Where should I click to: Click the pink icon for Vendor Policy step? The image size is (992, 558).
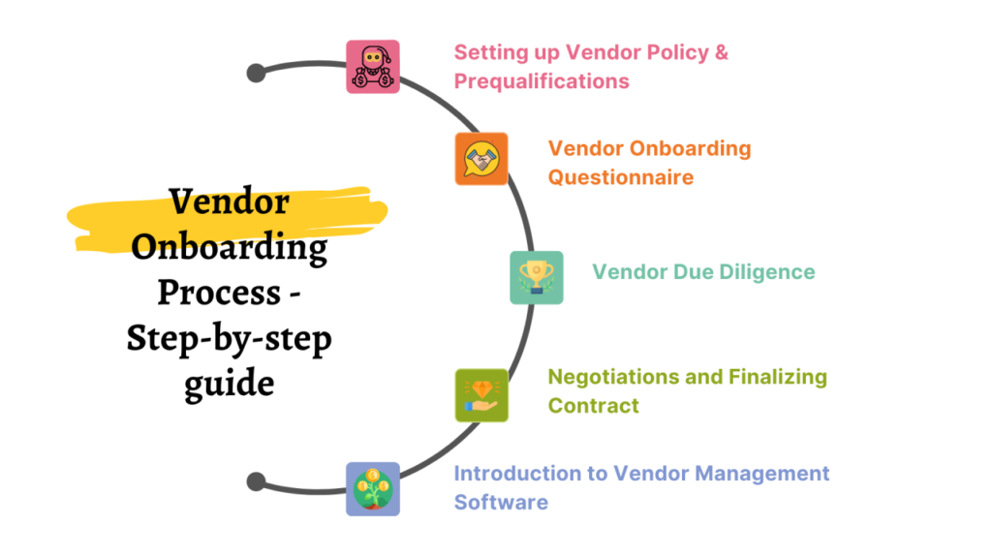point(373,67)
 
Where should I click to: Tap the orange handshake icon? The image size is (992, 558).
point(481,159)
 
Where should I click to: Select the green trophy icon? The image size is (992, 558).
point(536,278)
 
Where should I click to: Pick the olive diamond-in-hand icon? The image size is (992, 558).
point(481,394)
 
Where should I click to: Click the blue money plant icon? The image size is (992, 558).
point(373,488)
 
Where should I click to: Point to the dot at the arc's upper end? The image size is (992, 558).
point(257,73)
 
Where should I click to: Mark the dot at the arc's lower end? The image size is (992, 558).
point(257,481)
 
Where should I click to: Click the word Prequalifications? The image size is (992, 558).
point(542,81)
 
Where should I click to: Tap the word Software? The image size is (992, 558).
point(501,502)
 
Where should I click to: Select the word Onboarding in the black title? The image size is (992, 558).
point(229,248)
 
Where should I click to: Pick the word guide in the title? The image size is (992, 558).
point(229,380)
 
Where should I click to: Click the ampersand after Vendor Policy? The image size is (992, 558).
point(721,52)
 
